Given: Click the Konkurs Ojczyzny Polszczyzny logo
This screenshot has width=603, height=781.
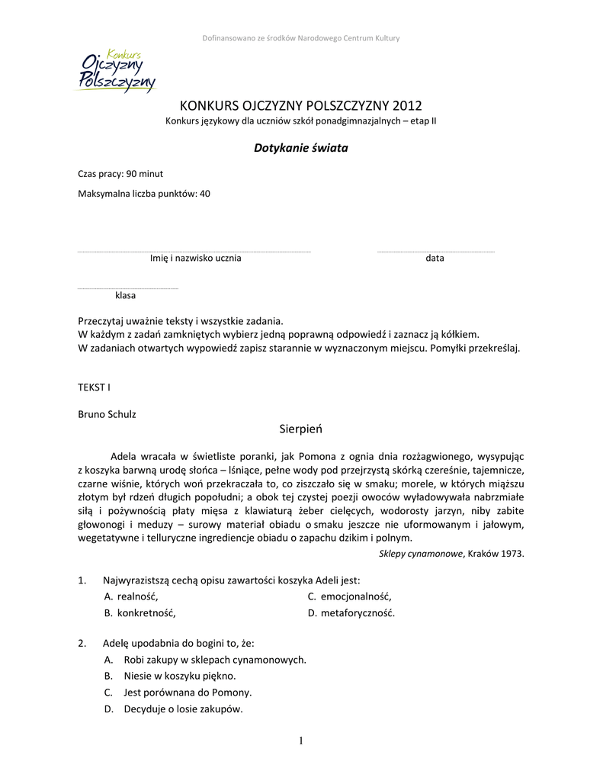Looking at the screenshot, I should [x=117, y=72].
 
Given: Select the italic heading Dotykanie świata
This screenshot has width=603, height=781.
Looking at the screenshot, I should [x=300, y=148].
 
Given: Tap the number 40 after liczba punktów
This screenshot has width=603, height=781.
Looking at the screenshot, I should [x=204, y=194].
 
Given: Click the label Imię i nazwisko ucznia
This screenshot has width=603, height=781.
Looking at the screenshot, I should [x=195, y=259].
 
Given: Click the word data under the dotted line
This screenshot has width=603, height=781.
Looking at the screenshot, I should [x=435, y=259].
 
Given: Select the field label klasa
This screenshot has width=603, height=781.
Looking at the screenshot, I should [x=125, y=295].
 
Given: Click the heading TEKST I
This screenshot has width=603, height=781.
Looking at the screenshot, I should [x=94, y=387].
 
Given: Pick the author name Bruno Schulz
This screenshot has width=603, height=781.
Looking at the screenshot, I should [x=107, y=414].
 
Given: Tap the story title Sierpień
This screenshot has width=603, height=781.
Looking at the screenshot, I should [x=300, y=429].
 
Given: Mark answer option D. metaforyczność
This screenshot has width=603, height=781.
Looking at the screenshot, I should [x=351, y=613].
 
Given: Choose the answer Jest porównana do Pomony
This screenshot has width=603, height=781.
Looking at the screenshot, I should [x=187, y=693].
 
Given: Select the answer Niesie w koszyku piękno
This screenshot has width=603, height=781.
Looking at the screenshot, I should [x=179, y=676].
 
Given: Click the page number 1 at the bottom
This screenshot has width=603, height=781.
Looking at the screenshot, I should [x=301, y=741].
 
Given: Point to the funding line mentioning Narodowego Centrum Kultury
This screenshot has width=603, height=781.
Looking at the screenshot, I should [x=300, y=38].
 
